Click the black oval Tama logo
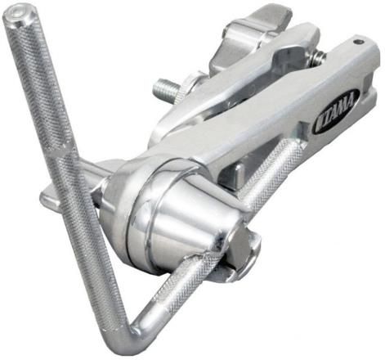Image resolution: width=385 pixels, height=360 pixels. (337, 111)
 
